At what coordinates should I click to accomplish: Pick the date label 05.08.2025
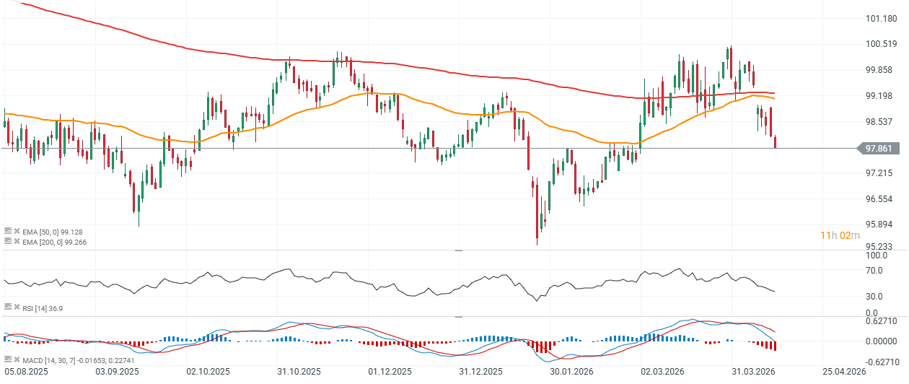27,372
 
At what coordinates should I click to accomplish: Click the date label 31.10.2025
298,372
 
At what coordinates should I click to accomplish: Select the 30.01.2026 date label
570,372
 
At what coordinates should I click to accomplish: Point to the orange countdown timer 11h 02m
840,235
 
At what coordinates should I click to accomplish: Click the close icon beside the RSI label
17,308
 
